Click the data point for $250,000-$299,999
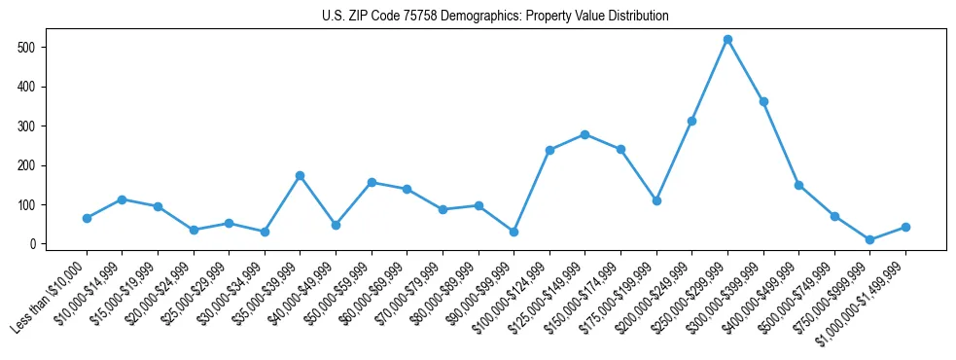pyautogui.click(x=727, y=40)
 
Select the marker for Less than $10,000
pyautogui.click(x=87, y=218)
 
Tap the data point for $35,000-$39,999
pyautogui.click(x=300, y=175)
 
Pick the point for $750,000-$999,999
pyautogui.click(x=869, y=239)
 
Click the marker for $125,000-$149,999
pyautogui.click(x=584, y=134)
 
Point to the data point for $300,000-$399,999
pyautogui.click(x=763, y=101)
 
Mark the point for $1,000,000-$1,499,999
pyautogui.click(x=905, y=227)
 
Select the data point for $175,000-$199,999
pyautogui.click(x=656, y=200)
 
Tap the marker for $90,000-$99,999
pyautogui.click(x=513, y=232)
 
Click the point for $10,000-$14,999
pyautogui.click(x=122, y=199)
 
